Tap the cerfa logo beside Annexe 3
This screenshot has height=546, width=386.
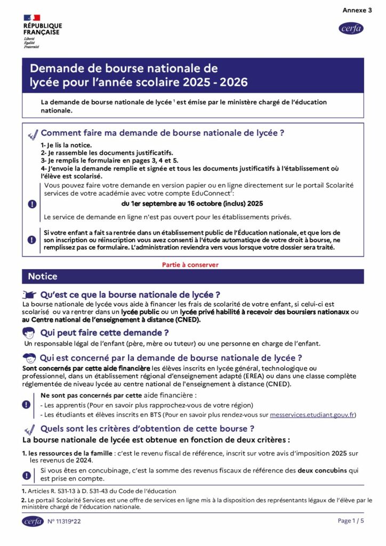[x=351, y=28]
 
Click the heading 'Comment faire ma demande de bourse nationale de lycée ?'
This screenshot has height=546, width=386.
[x=162, y=133]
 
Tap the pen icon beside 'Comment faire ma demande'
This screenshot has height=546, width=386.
[x=33, y=133]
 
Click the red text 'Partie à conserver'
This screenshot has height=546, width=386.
[x=190, y=264]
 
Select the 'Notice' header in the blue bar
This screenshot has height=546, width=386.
[x=43, y=276]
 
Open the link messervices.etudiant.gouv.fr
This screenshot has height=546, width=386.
[x=312, y=414]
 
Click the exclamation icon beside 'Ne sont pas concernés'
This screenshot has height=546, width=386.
[x=26, y=404]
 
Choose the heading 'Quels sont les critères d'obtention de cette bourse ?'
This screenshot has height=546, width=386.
[x=147, y=429]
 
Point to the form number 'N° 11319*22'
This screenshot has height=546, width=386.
[x=64, y=521]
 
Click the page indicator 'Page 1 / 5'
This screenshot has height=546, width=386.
[x=351, y=520]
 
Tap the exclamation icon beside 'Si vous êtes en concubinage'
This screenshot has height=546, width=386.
[x=26, y=475]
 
